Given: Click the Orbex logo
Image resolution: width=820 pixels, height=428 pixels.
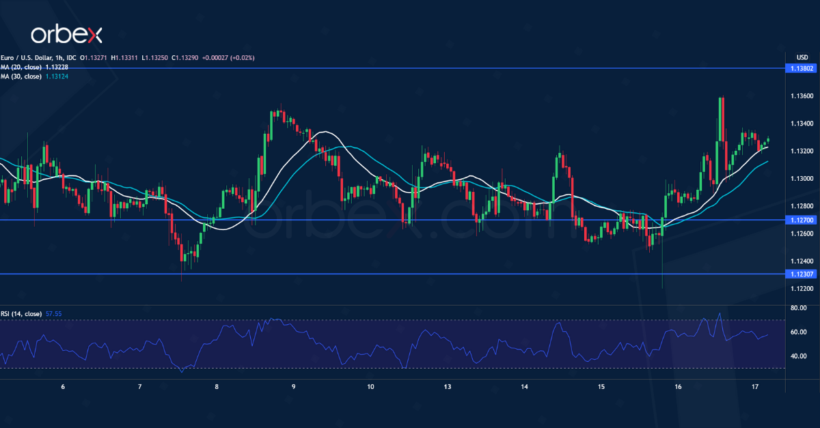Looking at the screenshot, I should [x=67, y=34].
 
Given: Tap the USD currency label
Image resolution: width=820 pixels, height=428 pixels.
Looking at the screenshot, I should [x=802, y=57].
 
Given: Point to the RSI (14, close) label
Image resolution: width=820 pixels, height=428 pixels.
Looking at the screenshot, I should [x=20, y=314].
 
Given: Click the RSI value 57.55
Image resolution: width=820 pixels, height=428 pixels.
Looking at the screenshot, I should [x=53, y=314].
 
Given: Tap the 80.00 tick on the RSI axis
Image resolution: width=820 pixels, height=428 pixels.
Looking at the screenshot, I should [x=797, y=309].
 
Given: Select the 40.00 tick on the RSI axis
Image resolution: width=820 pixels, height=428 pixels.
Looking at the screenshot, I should [x=797, y=356].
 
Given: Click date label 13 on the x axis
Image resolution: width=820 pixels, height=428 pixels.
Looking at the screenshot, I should [x=447, y=387].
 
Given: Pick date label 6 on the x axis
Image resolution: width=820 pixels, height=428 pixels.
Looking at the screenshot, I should [x=63, y=387].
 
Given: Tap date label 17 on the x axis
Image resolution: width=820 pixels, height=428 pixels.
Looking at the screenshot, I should [x=754, y=387].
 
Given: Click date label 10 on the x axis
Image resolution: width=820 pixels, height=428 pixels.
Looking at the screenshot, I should [x=370, y=387].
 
